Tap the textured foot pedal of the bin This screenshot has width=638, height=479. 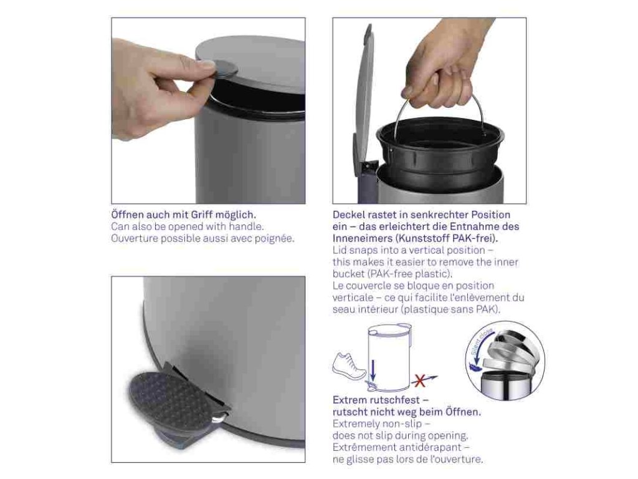[177, 394]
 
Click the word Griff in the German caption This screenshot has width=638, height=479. [200, 215]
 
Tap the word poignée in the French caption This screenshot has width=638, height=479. [274, 239]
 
